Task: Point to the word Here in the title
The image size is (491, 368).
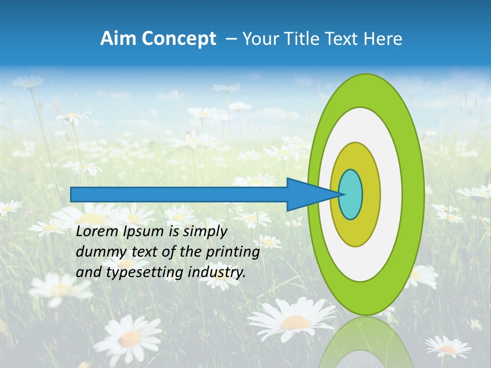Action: pyautogui.click(x=384, y=39)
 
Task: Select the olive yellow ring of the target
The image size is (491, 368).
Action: pyautogui.click(x=370, y=194)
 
